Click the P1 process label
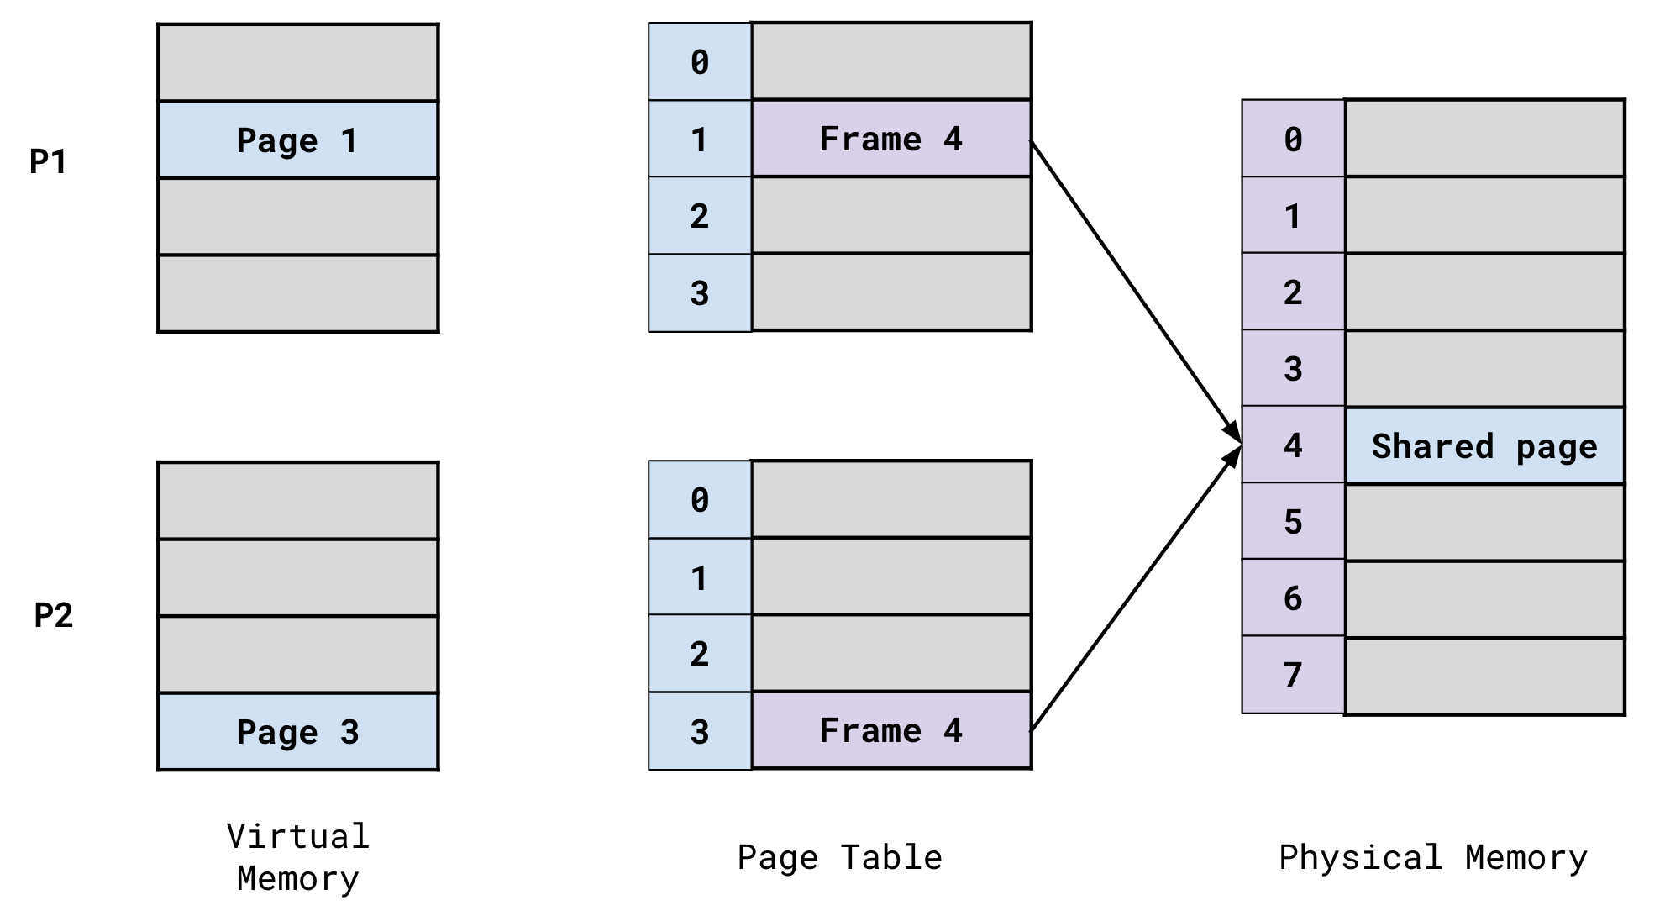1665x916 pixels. click(48, 161)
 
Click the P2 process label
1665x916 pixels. click(53, 616)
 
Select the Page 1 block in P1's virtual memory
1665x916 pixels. click(298, 140)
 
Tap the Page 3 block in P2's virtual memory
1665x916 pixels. click(298, 732)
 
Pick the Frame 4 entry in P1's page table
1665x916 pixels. click(891, 139)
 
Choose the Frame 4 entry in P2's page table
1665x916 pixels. click(891, 730)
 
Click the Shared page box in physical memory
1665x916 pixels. click(1484, 446)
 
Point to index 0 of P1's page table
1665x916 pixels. click(700, 62)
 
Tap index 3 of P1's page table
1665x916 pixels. click(700, 293)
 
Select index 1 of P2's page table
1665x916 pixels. click(700, 578)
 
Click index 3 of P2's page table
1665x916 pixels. click(700, 732)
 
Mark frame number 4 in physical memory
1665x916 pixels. click(1293, 445)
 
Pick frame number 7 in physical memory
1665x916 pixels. click(1293, 675)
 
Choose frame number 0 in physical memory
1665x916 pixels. click(1293, 140)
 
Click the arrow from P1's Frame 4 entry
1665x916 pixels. click(1134, 290)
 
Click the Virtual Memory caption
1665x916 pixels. click(298, 858)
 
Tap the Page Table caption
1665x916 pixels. click(840, 858)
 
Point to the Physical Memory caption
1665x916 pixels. click(1433, 858)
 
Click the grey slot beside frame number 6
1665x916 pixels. click(1484, 599)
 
